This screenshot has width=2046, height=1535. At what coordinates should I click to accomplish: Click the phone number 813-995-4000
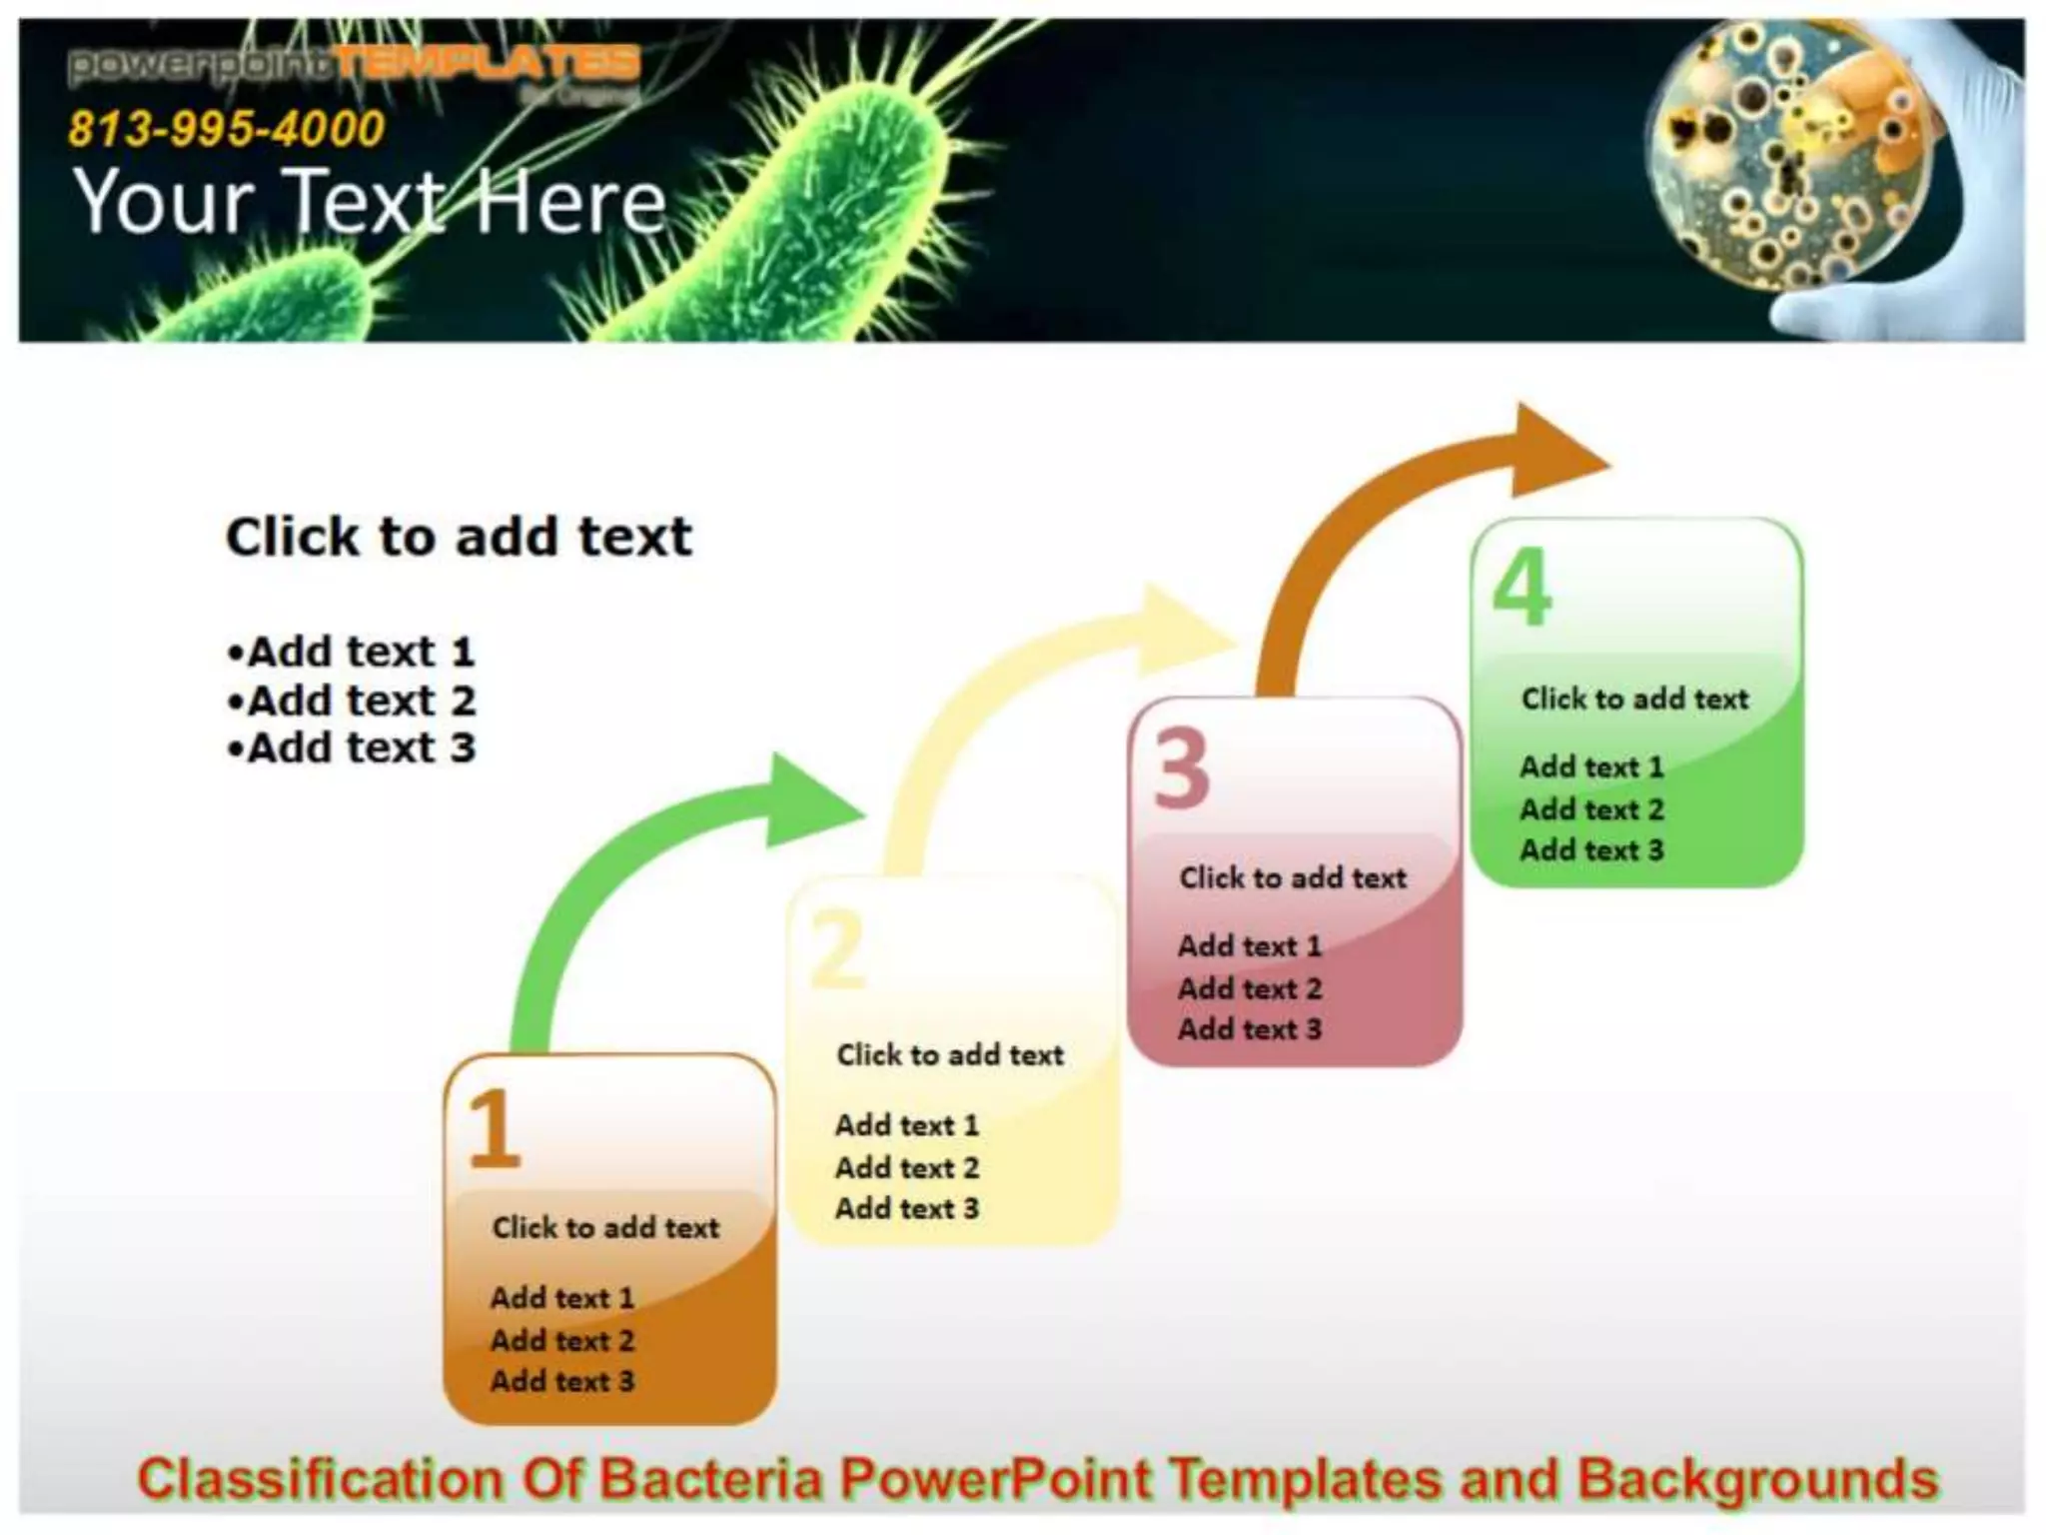tap(226, 128)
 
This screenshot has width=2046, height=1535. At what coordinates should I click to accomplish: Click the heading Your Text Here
tap(370, 202)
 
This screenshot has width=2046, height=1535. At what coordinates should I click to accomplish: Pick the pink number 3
tap(1182, 768)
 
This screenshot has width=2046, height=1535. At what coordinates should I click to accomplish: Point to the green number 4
tap(1522, 589)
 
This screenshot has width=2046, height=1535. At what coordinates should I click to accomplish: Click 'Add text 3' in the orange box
tap(562, 1381)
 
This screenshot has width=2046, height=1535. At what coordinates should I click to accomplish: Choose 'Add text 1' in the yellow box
tap(907, 1125)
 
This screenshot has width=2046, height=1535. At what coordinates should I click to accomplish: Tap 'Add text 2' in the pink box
tap(1250, 988)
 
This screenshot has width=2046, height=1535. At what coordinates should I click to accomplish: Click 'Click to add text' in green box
tap(1634, 699)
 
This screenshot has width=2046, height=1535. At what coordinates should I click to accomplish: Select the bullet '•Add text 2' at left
tap(352, 701)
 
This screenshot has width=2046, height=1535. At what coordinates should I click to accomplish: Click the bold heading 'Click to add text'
tap(459, 538)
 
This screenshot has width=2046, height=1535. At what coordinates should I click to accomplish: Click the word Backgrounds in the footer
tap(1757, 1479)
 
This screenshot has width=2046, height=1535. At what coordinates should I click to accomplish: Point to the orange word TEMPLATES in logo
tap(487, 64)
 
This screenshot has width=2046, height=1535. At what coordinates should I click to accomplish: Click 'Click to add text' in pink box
tap(1293, 877)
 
